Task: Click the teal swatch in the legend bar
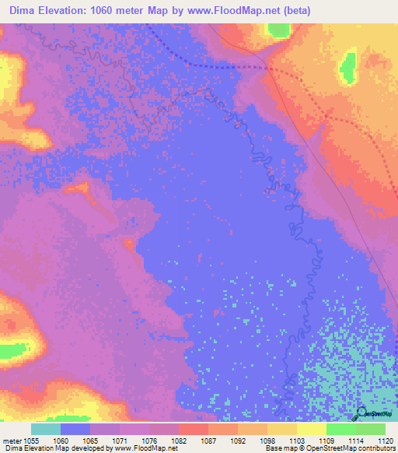click(x=46, y=429)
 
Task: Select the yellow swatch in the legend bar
click(x=311, y=429)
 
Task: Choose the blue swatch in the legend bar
click(x=75, y=429)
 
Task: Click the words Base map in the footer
click(x=278, y=448)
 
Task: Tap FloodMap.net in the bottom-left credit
click(x=156, y=448)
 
